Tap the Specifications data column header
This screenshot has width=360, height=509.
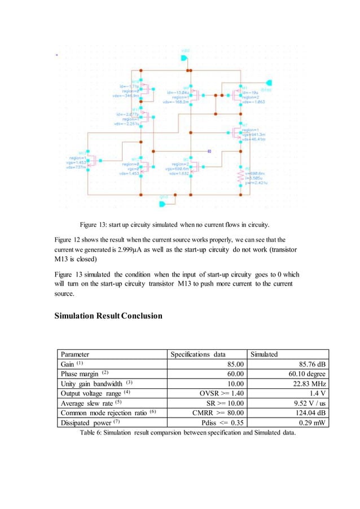[x=198, y=354]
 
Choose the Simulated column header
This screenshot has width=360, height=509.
[x=264, y=354]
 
